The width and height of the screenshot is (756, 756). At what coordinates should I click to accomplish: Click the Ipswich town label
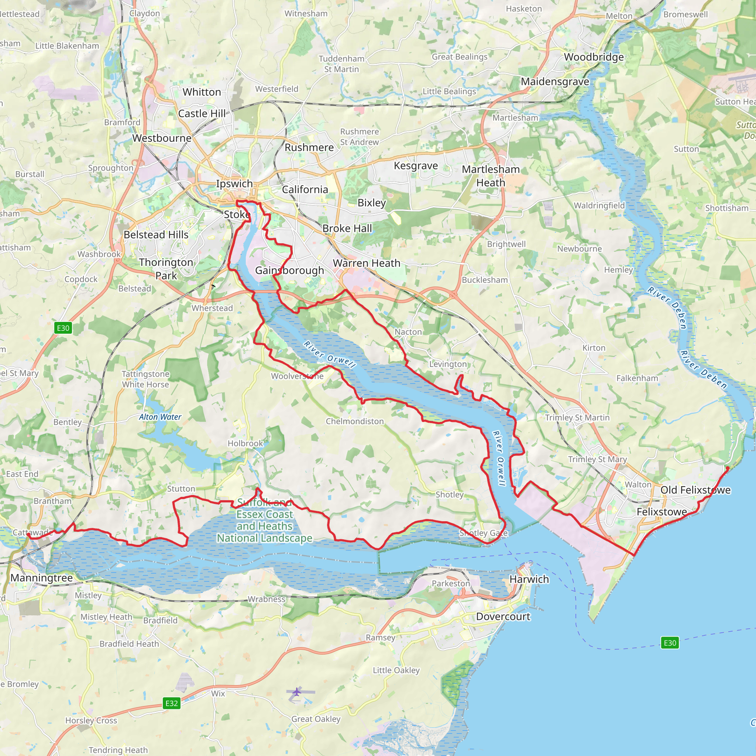point(234,183)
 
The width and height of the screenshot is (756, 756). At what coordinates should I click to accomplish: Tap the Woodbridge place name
point(594,57)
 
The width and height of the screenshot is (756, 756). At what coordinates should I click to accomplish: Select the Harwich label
point(529,579)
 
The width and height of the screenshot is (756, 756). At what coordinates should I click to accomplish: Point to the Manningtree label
point(41,578)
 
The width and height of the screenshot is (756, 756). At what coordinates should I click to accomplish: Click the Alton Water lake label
point(160,417)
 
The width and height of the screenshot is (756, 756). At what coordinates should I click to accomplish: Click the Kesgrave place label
point(416,166)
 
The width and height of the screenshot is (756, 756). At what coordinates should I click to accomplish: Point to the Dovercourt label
point(503,617)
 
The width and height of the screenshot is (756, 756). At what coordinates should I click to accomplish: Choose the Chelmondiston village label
point(354,422)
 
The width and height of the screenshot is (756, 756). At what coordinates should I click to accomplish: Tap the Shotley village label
point(449,495)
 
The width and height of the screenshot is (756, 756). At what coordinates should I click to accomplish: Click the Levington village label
point(448,364)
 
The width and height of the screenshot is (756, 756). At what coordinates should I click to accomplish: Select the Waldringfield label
point(599,206)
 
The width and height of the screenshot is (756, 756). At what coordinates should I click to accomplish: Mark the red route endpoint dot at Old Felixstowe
point(728,468)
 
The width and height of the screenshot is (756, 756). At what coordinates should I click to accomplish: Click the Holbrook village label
point(245,443)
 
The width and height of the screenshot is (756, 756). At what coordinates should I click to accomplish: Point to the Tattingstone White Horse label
point(145,379)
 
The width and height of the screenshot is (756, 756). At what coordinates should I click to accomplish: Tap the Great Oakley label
point(316,719)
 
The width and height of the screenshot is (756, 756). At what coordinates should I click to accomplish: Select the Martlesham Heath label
point(491,176)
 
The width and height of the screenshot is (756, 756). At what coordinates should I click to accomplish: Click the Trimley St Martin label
point(577,417)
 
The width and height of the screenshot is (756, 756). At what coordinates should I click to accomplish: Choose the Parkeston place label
point(450,584)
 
